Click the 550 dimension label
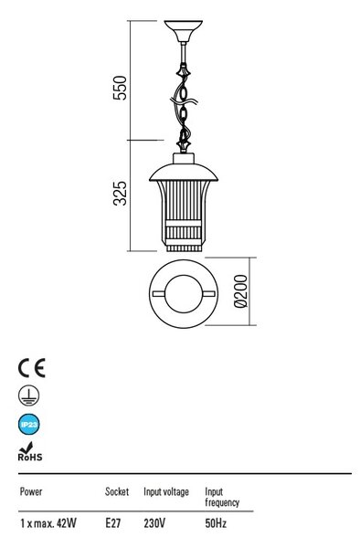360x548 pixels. point(120,88)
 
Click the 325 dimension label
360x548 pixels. point(121,193)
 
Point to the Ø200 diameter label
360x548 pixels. point(240,291)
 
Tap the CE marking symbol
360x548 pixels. point(31,368)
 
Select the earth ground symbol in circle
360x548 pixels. point(28,395)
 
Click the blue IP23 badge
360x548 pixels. point(28,425)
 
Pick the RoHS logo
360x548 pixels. point(30,451)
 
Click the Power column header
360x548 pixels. point(31,491)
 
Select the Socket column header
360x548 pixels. point(117,491)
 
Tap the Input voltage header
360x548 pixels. point(166,492)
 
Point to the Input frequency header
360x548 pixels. point(222,498)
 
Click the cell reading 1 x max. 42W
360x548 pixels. point(48,523)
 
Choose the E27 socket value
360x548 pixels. point(113,523)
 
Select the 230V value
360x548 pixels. point(154,523)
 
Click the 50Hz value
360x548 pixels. point(216,523)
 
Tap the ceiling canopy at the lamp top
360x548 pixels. point(183,31)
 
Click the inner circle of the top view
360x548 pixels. point(184,293)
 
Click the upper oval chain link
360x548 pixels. point(183,93)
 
